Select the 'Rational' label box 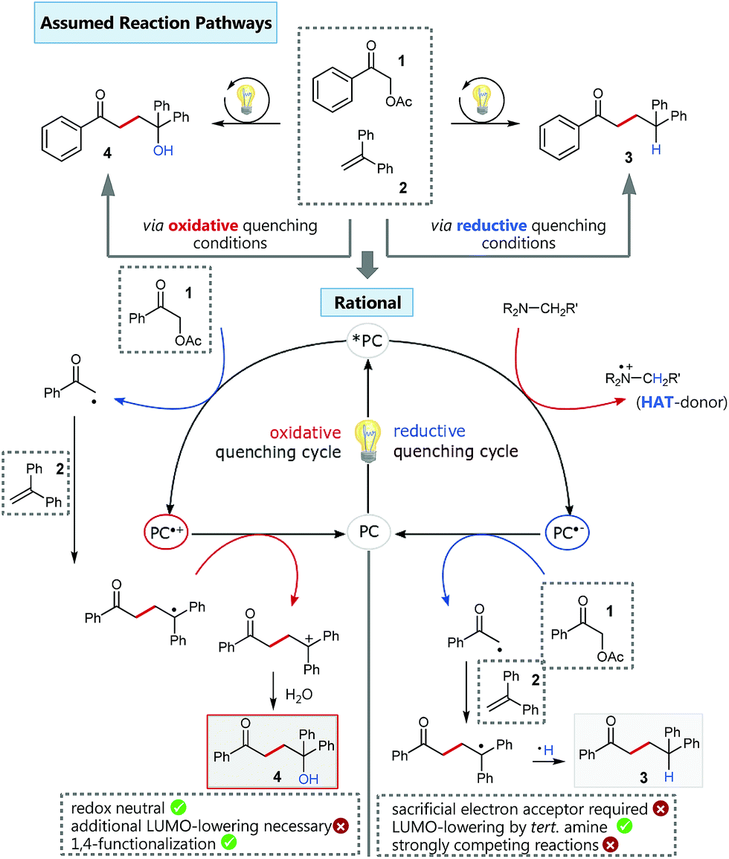tap(368, 303)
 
